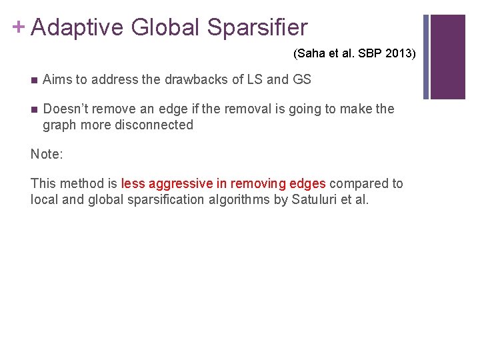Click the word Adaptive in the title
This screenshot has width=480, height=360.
pyautogui.click(x=77, y=27)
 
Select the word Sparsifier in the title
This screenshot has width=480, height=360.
pyautogui.click(x=257, y=27)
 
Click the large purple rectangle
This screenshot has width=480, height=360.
pyautogui.click(x=447, y=57)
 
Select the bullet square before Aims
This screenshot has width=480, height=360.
pyautogui.click(x=34, y=80)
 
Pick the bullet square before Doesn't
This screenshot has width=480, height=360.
pyautogui.click(x=34, y=109)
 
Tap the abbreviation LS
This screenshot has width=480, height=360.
pyautogui.click(x=253, y=79)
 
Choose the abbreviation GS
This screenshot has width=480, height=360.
pyautogui.click(x=301, y=79)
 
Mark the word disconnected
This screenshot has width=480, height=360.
pyautogui.click(x=151, y=125)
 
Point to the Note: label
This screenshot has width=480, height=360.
pyautogui.click(x=47, y=154)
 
